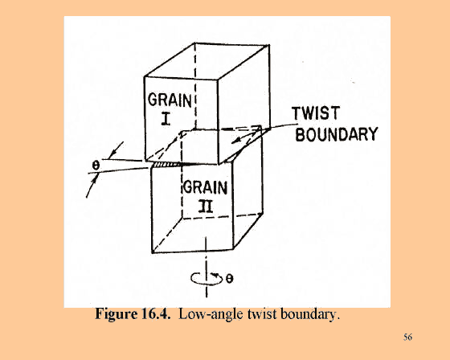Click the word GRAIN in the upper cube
(170, 100)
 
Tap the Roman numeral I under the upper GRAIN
(166, 119)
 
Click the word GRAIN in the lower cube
(205, 187)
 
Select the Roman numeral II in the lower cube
(206, 207)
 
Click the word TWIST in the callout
(316, 113)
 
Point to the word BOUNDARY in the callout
(337, 134)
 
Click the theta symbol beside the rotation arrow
(229, 279)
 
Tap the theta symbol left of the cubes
(96, 165)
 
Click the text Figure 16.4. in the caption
(133, 313)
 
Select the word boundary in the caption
(310, 314)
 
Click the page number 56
(408, 337)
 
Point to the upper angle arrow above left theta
(117, 149)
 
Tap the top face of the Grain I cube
(207, 61)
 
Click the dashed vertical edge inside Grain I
(195, 86)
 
